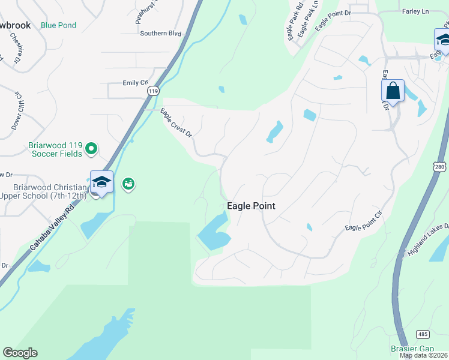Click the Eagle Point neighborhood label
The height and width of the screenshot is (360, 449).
point(251,206)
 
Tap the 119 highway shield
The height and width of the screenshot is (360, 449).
point(154,91)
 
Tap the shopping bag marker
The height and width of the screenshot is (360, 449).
point(393,92)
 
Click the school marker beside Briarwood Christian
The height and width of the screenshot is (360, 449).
point(101,183)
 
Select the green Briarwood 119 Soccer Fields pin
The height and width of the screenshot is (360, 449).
point(91,148)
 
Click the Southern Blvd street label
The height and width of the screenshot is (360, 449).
point(160,34)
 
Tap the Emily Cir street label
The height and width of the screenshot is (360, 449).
point(135,83)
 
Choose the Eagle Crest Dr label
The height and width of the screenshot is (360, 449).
point(176,122)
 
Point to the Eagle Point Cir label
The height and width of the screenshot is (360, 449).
point(364,221)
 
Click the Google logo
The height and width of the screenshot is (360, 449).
point(20,352)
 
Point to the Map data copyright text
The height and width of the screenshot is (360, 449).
point(423,355)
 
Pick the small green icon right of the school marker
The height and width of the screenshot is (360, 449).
point(128,184)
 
